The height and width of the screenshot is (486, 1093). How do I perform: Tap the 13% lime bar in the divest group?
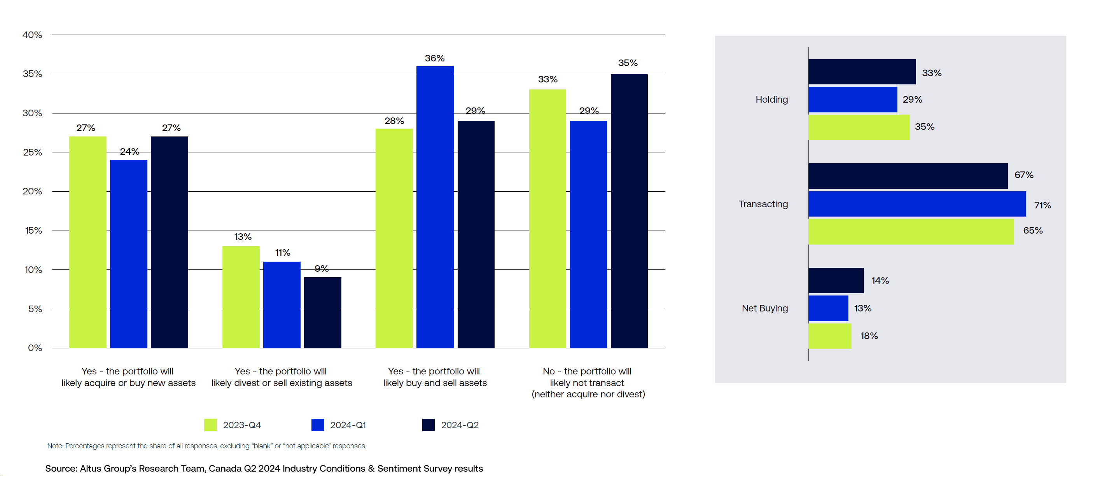241,297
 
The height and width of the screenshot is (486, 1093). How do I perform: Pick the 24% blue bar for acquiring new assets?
129,253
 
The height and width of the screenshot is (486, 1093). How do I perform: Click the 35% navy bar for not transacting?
629,211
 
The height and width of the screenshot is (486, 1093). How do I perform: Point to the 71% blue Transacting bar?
916,204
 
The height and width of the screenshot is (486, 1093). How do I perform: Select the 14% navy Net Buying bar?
836,280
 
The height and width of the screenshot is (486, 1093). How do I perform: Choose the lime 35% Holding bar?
859,127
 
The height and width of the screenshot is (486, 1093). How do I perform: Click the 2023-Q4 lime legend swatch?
210,425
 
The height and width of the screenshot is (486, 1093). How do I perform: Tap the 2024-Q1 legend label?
348,425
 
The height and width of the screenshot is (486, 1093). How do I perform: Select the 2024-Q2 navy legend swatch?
428,425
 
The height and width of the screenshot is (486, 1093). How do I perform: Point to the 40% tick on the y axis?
32,35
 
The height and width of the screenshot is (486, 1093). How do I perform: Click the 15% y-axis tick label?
33,231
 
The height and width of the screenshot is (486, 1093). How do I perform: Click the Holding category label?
771,99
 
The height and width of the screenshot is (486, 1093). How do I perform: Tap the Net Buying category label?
764,308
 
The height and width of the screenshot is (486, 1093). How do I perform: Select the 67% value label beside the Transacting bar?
1023,175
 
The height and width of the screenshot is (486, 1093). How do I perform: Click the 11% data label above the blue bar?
283,253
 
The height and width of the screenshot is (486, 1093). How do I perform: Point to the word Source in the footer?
60,468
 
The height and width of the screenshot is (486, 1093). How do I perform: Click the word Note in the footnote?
55,446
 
